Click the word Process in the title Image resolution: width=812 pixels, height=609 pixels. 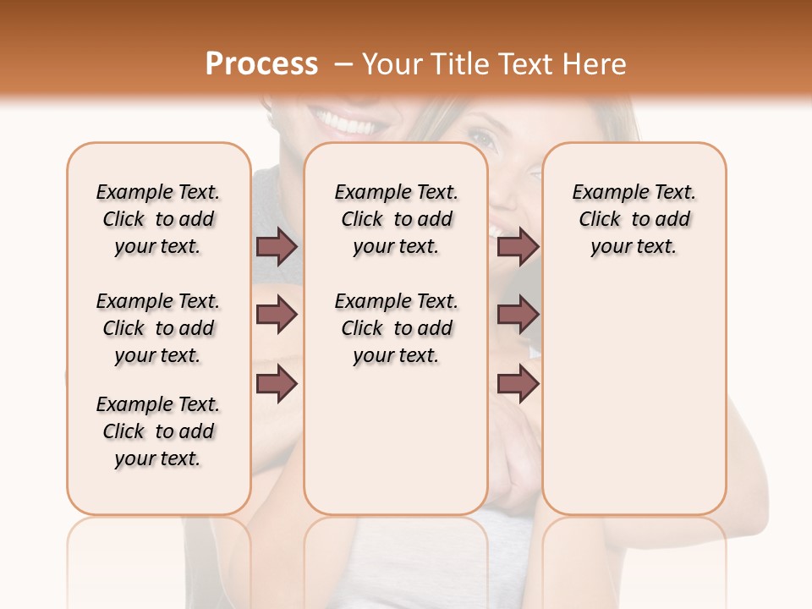[x=261, y=64]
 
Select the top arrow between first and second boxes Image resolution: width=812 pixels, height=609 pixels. [x=277, y=246]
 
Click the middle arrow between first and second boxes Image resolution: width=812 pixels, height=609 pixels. [x=277, y=315]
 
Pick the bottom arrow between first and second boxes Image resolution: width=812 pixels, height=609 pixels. [x=277, y=384]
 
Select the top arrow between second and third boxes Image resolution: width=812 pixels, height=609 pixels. [x=518, y=246]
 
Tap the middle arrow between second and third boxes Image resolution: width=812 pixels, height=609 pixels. [x=518, y=315]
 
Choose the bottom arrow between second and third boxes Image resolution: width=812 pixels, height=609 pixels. [x=518, y=384]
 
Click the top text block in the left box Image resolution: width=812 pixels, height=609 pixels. [x=158, y=219]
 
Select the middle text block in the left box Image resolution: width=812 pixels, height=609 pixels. [x=158, y=328]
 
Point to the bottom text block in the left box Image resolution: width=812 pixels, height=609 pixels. [x=158, y=431]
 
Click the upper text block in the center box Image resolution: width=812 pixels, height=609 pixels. [x=396, y=219]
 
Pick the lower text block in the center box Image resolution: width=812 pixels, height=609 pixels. [x=396, y=328]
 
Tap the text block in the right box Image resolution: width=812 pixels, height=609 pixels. [x=634, y=219]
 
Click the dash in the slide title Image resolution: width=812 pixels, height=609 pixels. [x=343, y=65]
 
